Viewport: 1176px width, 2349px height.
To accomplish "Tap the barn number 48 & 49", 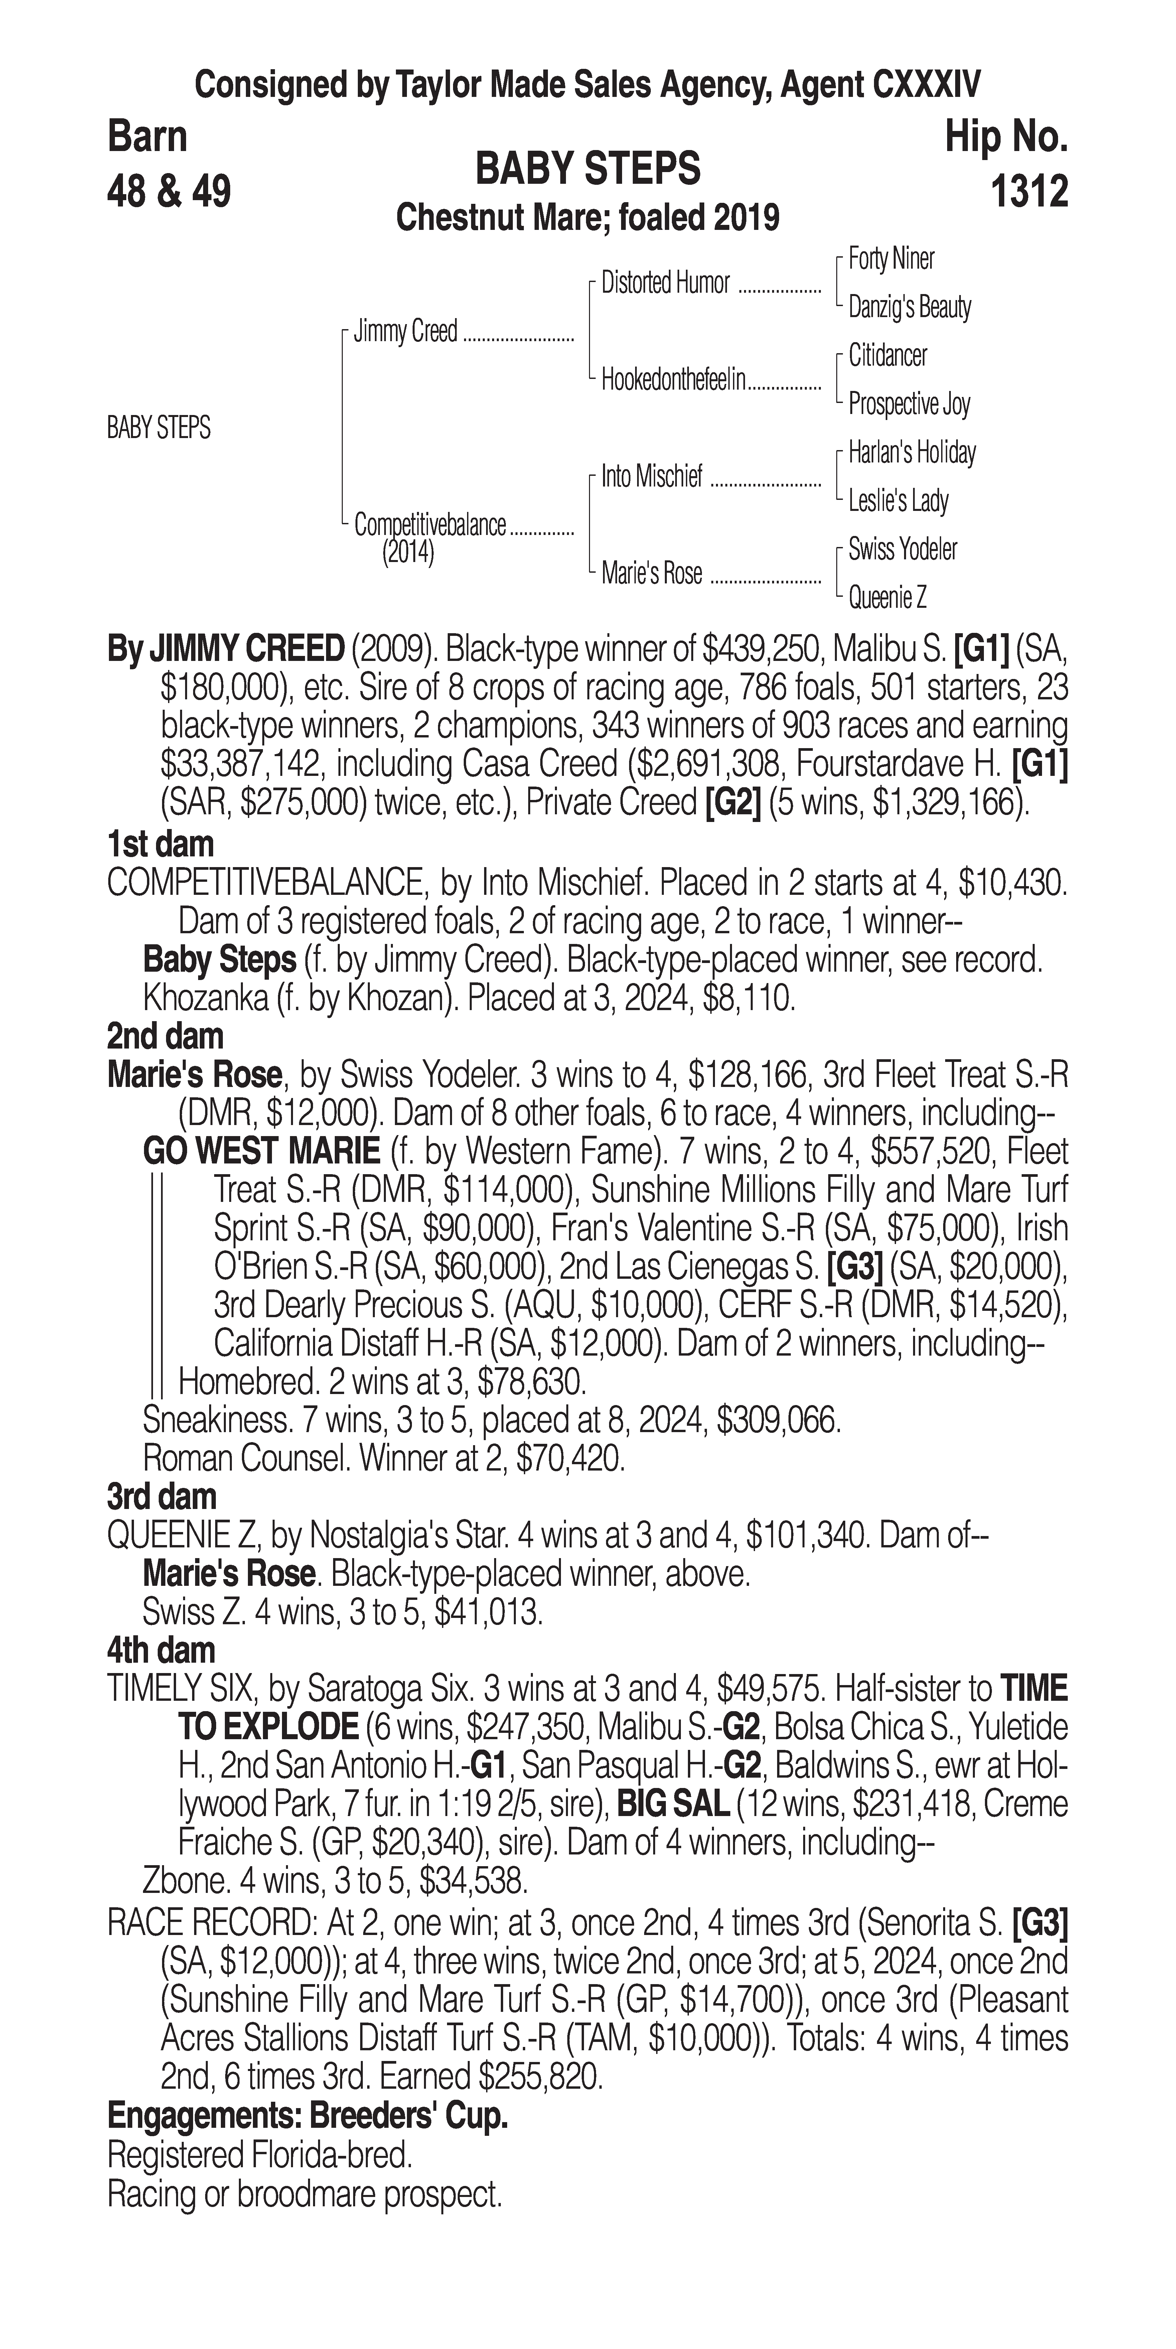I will [169, 191].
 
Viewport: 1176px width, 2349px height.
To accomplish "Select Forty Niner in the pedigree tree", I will [891, 259].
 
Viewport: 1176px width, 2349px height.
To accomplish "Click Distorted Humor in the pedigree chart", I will [666, 283].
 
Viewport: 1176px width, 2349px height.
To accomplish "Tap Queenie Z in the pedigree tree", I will [887, 598].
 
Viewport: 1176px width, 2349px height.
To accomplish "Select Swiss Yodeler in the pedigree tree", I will [902, 549].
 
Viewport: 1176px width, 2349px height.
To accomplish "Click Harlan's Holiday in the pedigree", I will [912, 452].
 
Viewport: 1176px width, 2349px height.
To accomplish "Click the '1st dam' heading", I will [160, 844].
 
